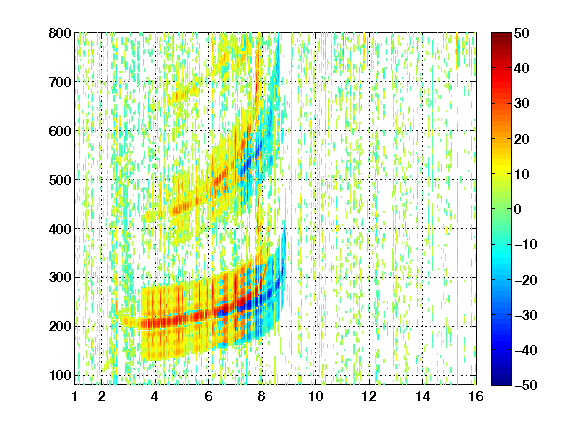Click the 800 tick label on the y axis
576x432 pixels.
pyautogui.click(x=60, y=33)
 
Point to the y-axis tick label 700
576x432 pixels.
pyautogui.click(x=60, y=82)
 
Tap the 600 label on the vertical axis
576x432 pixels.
pyautogui.click(x=60, y=131)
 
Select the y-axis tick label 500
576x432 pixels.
pyautogui.click(x=60, y=180)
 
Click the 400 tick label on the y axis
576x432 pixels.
pyautogui.click(x=60, y=229)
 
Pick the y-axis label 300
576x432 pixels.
pyautogui.click(x=60, y=277)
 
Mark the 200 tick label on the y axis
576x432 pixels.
pyautogui.click(x=60, y=326)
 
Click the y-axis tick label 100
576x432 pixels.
pyautogui.click(x=60, y=375)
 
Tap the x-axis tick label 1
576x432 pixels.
pyautogui.click(x=75, y=396)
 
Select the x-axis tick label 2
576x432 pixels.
pyautogui.click(x=101, y=396)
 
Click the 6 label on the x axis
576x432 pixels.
pyautogui.click(x=208, y=396)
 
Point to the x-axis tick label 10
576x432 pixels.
pyautogui.click(x=315, y=396)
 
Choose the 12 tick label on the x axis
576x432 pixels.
pyautogui.click(x=369, y=396)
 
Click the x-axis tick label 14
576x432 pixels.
pyautogui.click(x=422, y=396)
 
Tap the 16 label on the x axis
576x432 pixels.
pyautogui.click(x=476, y=396)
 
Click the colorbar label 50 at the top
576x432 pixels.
pyautogui.click(x=522, y=33)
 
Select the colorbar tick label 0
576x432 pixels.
pyautogui.click(x=518, y=209)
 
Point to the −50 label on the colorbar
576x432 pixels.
pyautogui.click(x=526, y=385)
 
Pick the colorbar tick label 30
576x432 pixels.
pyautogui.click(x=522, y=104)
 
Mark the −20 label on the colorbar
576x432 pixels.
pyautogui.click(x=526, y=280)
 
